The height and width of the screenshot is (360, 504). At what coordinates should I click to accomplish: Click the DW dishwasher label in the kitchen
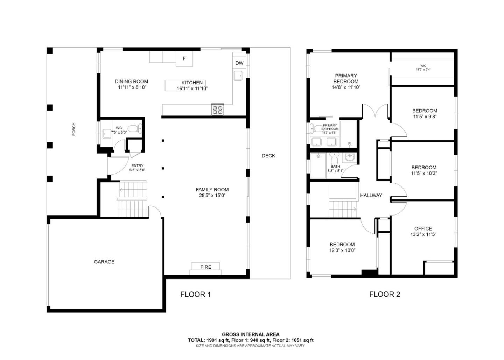coord(239,63)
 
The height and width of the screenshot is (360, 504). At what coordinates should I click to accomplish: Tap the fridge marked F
coord(184,59)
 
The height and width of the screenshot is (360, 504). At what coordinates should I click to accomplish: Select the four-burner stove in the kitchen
coord(217,110)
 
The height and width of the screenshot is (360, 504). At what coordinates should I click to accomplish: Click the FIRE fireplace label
coord(206,267)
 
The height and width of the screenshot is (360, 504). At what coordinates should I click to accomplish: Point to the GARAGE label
coord(104,262)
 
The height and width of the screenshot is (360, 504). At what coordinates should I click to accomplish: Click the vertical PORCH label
coord(73,129)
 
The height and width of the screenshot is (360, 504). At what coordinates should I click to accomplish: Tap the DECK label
coord(268,156)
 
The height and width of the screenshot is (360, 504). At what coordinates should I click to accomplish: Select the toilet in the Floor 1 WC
coord(134,129)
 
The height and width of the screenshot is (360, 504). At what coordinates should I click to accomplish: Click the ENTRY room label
coord(137,166)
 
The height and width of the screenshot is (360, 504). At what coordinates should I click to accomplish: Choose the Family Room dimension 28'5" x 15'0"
coord(212,196)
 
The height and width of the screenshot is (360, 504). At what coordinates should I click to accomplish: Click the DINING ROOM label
coord(131,82)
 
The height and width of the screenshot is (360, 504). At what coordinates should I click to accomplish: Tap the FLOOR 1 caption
coord(195,295)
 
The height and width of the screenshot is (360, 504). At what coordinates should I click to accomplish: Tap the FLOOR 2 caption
coord(384,295)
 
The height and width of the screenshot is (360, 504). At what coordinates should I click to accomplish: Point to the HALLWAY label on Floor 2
coord(371,195)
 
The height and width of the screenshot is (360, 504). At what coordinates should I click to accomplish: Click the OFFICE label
coord(423,228)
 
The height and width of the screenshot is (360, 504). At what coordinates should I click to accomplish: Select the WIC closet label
coord(423,66)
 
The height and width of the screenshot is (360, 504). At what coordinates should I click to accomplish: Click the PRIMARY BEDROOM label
coord(346,78)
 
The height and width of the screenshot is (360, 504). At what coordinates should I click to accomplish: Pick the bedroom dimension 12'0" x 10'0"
coord(342,250)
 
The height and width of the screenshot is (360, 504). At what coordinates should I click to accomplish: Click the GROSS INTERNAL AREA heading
coord(251,334)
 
